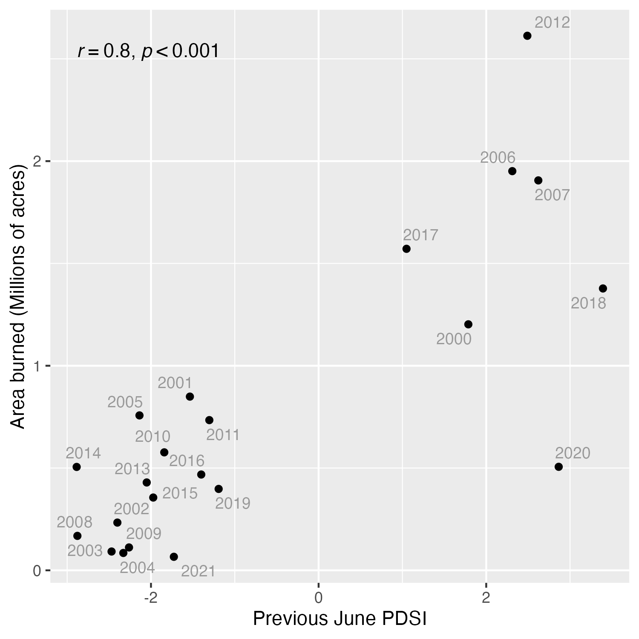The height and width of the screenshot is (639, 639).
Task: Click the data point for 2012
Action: pos(527,36)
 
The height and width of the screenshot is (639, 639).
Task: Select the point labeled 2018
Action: pos(603,288)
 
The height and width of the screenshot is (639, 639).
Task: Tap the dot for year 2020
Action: pos(558,467)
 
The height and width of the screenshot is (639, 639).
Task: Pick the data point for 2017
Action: pos(406,249)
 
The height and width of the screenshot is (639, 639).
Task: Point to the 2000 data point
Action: pos(468,324)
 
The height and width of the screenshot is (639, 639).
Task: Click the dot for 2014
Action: pos(77,467)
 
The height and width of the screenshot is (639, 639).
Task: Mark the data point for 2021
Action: pos(174,557)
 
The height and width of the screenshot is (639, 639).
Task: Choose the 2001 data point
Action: pos(190,397)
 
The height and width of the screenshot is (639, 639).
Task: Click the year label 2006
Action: pos(498,158)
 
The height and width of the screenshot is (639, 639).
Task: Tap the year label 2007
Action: pos(552,195)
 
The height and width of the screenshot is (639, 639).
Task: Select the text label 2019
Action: pos(233,504)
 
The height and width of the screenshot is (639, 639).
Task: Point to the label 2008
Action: pos(75,522)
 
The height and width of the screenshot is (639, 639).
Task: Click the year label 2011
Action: pos(223,435)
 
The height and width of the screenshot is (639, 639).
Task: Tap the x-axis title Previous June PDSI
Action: pos(340,619)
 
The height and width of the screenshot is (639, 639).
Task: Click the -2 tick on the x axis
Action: pos(150,598)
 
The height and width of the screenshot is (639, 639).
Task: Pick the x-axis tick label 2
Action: pos(486,598)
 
